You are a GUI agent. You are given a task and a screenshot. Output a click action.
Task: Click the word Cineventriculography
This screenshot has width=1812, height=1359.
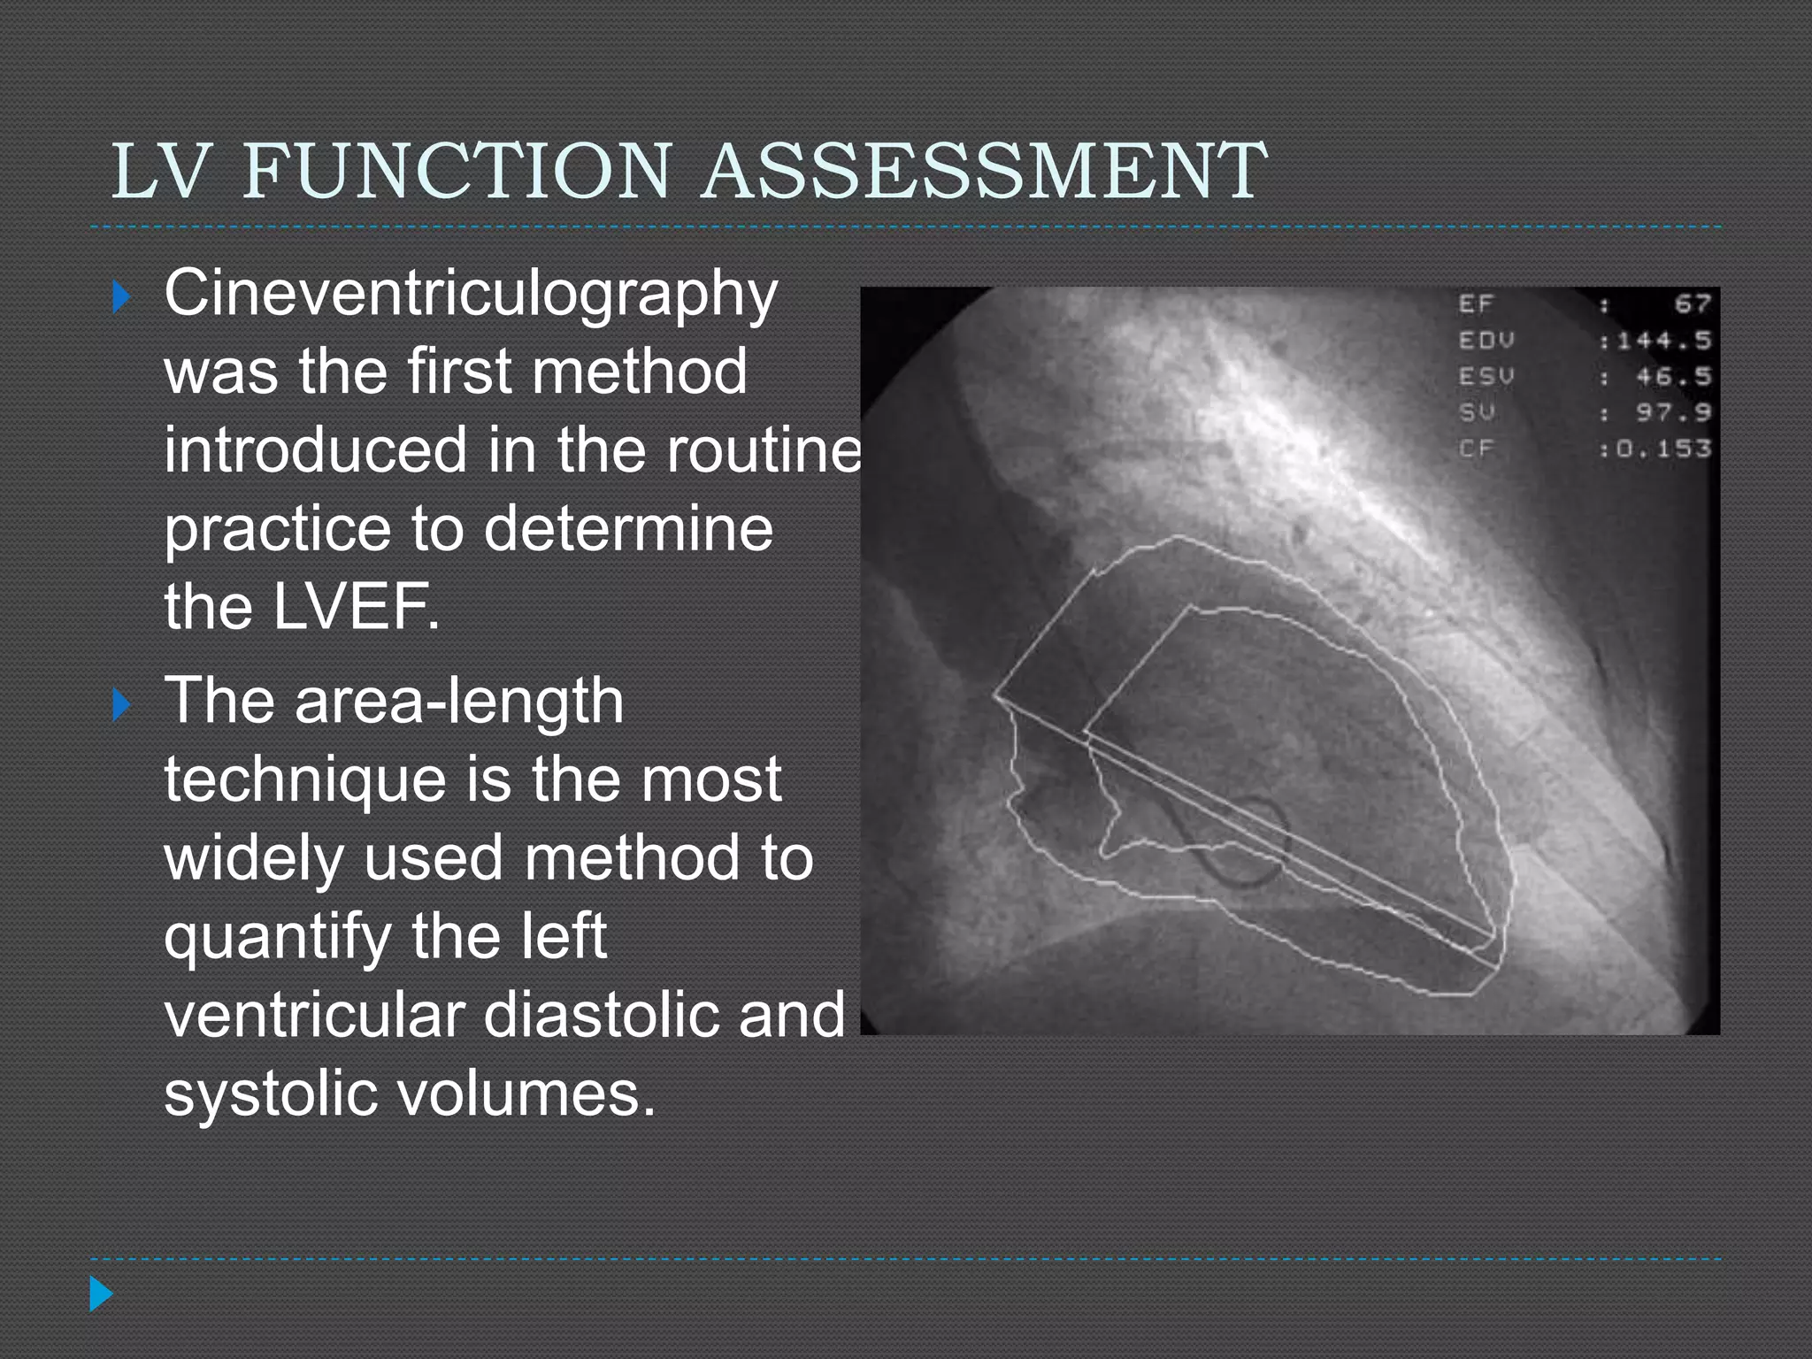click(x=470, y=295)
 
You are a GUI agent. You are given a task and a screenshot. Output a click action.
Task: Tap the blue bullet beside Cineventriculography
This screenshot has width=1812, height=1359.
click(x=122, y=297)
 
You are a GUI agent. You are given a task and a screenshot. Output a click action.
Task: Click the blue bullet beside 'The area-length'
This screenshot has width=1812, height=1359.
click(x=122, y=705)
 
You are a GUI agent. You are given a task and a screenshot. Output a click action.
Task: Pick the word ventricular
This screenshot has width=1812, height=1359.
click(x=315, y=1015)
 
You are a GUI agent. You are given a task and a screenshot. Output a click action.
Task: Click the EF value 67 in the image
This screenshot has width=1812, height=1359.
click(x=1692, y=304)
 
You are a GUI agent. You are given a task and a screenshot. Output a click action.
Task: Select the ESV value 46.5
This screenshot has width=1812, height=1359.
click(x=1672, y=377)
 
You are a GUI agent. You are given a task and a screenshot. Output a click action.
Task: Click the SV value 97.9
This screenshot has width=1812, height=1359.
click(x=1672, y=412)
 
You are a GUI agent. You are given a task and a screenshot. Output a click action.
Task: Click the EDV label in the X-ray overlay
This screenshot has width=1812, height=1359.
click(x=1486, y=341)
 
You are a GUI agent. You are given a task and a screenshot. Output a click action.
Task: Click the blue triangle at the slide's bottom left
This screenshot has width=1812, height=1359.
click(x=101, y=1294)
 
